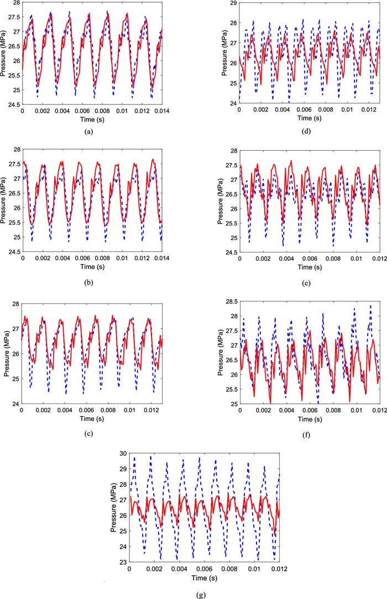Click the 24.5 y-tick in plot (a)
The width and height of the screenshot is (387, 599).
click(x=13, y=104)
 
